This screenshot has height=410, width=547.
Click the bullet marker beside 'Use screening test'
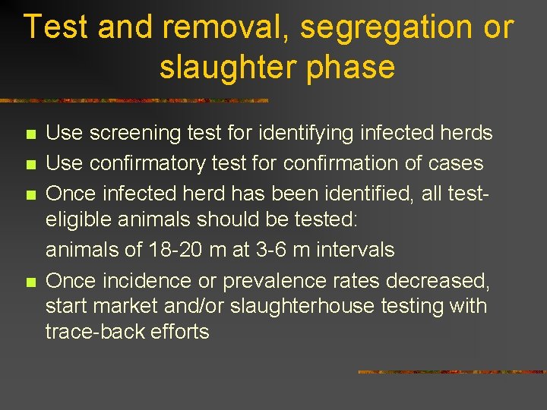[x=30, y=136]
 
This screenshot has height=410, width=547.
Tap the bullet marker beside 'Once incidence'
[x=30, y=282]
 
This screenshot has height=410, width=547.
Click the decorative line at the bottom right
[x=451, y=372]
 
